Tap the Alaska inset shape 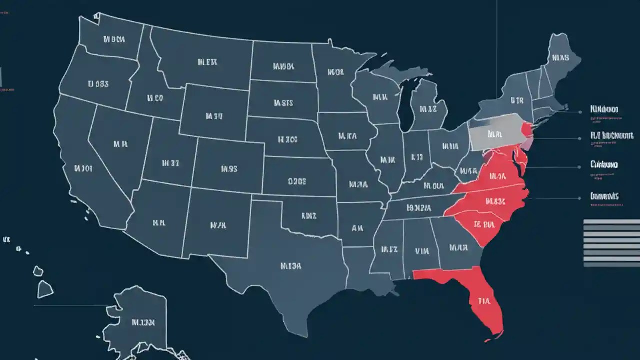click(x=140, y=320)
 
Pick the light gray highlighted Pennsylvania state click(x=495, y=134)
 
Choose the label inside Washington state click(x=114, y=39)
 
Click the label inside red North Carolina click(x=495, y=201)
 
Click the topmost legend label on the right click(x=604, y=109)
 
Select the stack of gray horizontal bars click(x=611, y=242)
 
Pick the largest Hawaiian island click(x=45, y=288)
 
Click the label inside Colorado click(x=228, y=169)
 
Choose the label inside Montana click(x=207, y=62)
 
